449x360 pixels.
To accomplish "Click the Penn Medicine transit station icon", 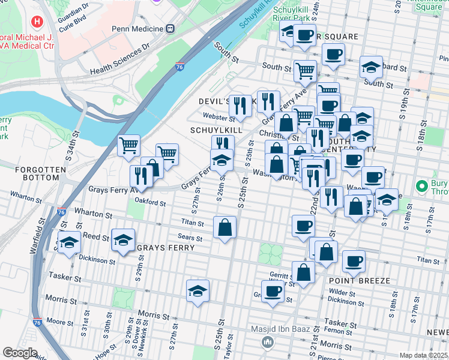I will tap(170, 28).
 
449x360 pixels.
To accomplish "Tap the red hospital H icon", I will tap(38, 22).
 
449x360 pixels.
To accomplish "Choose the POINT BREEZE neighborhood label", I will tap(360, 281).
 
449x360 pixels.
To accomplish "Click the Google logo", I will tap(20, 353).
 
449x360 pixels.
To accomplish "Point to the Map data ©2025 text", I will tap(423, 355).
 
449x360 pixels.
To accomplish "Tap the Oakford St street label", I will tap(149, 203).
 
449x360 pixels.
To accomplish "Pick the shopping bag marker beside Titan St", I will tap(225, 227).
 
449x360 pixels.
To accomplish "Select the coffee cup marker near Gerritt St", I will tap(273, 291).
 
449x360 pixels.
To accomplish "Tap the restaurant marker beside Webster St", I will tap(240, 106).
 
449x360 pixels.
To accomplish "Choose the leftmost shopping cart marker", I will tap(129, 145).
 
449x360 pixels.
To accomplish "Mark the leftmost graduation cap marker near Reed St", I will tap(70, 242).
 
